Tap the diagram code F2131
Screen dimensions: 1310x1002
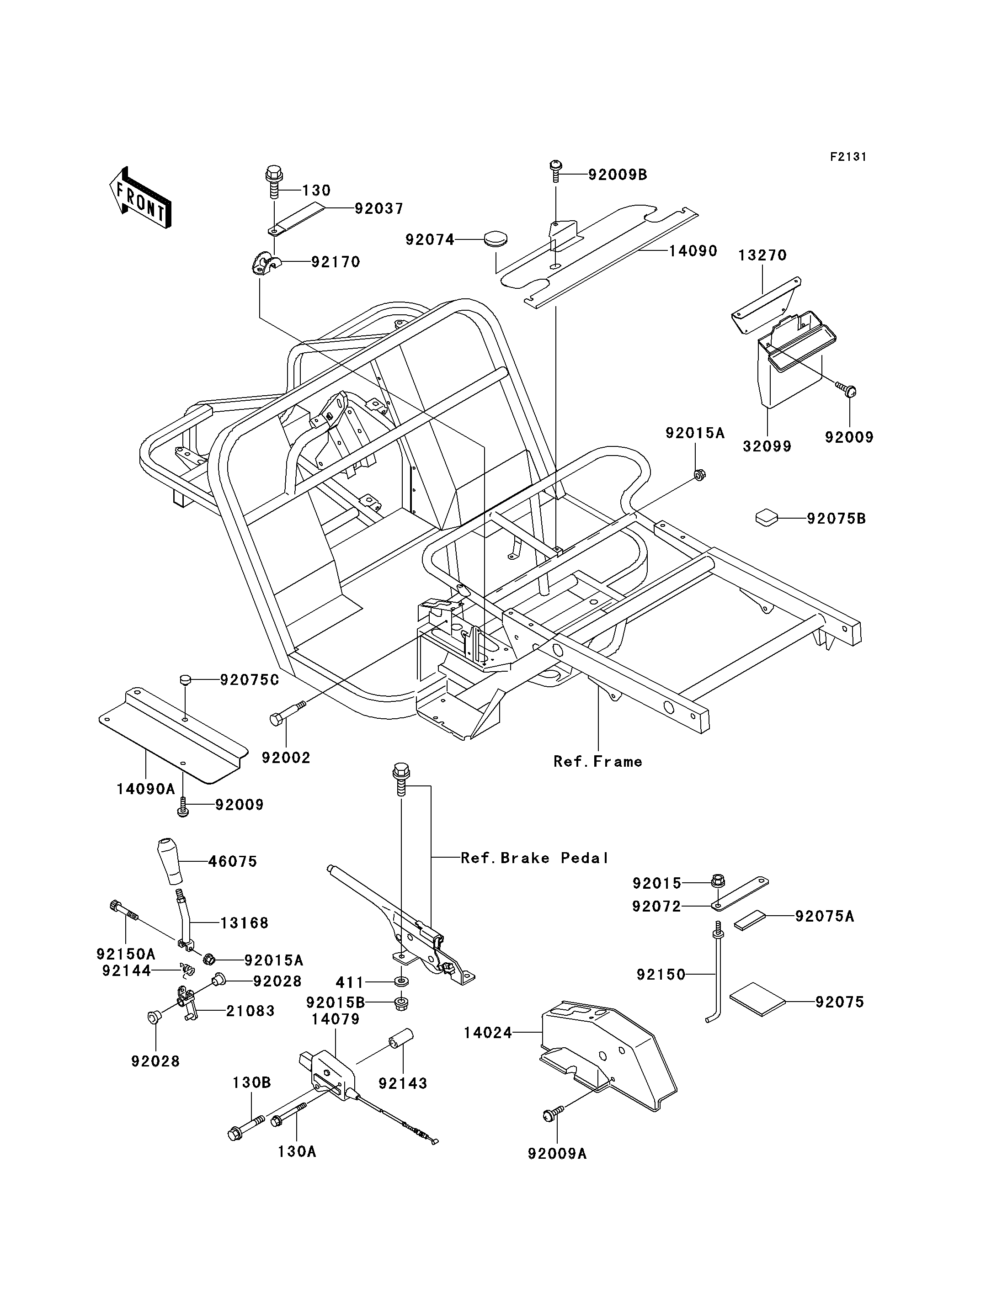(x=848, y=157)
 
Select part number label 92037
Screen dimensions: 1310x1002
(x=379, y=209)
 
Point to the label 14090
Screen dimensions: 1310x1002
(x=693, y=251)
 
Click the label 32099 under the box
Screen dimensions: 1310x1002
(x=767, y=446)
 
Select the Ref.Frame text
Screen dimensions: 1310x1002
(x=597, y=761)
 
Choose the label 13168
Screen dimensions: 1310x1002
(x=244, y=923)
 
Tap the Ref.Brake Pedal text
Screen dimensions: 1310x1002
(x=534, y=858)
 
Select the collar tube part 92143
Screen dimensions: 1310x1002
(x=401, y=1040)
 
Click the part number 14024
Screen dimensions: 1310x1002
(x=488, y=1033)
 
